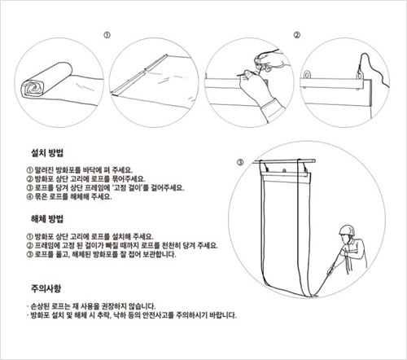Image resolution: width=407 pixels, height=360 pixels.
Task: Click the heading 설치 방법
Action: point(47,153)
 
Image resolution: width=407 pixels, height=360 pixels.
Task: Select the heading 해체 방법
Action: point(47,219)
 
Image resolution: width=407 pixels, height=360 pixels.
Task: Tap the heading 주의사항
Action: point(46,288)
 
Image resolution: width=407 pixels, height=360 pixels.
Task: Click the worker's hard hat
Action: point(347,230)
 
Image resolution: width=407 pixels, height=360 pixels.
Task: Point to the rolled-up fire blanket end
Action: point(33,88)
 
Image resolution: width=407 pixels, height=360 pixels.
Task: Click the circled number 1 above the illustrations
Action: point(107,35)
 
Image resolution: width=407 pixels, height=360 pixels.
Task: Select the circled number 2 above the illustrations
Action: point(297,35)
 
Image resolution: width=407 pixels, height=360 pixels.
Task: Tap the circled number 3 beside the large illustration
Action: point(240,162)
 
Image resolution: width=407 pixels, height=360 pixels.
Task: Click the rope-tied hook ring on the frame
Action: point(360,74)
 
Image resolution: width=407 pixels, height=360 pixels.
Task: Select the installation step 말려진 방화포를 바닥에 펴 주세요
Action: point(80,170)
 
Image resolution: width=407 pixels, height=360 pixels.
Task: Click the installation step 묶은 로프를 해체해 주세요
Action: point(69,196)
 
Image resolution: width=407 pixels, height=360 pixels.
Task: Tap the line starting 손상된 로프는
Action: point(91,306)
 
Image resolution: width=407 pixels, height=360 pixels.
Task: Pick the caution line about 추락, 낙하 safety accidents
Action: point(132,315)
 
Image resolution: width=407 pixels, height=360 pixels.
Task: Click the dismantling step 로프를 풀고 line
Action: point(101,254)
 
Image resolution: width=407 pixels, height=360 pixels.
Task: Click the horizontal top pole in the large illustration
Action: point(284,161)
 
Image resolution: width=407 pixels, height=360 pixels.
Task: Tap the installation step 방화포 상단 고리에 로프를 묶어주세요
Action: point(86,179)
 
